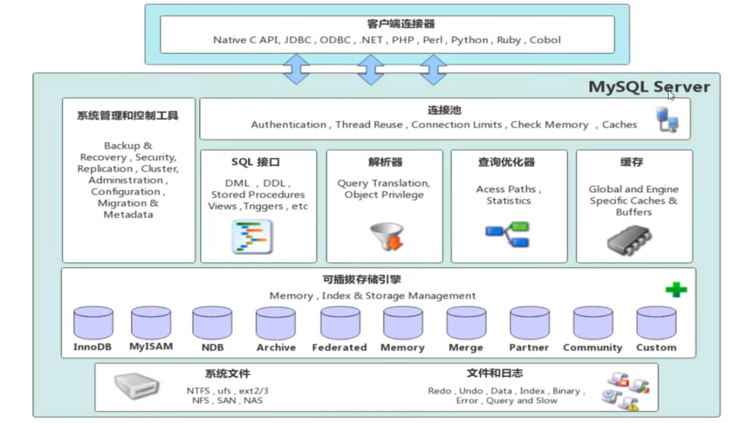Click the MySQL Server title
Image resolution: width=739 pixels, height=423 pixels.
(649, 87)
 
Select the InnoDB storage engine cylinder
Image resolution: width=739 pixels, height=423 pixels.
(93, 323)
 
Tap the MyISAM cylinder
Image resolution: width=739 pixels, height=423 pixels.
(151, 323)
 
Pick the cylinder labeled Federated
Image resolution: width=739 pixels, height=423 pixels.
(340, 323)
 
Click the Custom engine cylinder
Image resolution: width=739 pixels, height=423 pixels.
(656, 323)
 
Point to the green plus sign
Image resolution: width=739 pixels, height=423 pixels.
(676, 290)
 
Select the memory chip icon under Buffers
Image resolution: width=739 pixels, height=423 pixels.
(629, 239)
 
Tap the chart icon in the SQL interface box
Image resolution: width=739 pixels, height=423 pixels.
(252, 236)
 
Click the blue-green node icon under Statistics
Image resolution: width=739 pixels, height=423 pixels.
(508, 234)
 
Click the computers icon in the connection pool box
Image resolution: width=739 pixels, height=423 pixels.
(667, 120)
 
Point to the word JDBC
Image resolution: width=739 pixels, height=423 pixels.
(298, 40)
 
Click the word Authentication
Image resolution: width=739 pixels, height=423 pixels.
(288, 125)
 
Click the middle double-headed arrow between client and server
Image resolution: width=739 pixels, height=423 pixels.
(370, 69)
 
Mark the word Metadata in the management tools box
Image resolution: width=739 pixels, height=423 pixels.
(128, 215)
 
